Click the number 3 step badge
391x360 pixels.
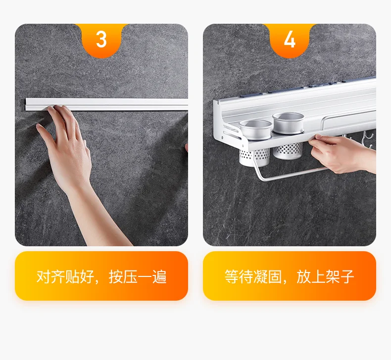point(101,40)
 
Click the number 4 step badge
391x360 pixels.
point(290,40)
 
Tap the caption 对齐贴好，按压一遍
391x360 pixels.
point(101,276)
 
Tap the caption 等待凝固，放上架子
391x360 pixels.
point(289,276)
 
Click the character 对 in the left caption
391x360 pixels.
point(44,276)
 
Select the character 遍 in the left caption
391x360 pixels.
point(159,276)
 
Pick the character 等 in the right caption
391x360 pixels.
point(232,276)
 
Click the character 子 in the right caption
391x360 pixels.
point(347,276)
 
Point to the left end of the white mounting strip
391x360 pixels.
point(26,104)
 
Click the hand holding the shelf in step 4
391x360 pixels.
point(342,153)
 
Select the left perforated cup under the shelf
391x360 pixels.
point(254,157)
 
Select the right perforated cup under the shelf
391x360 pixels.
point(288,151)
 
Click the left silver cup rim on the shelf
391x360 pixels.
point(255,124)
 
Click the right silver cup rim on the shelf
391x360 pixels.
point(288,117)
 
